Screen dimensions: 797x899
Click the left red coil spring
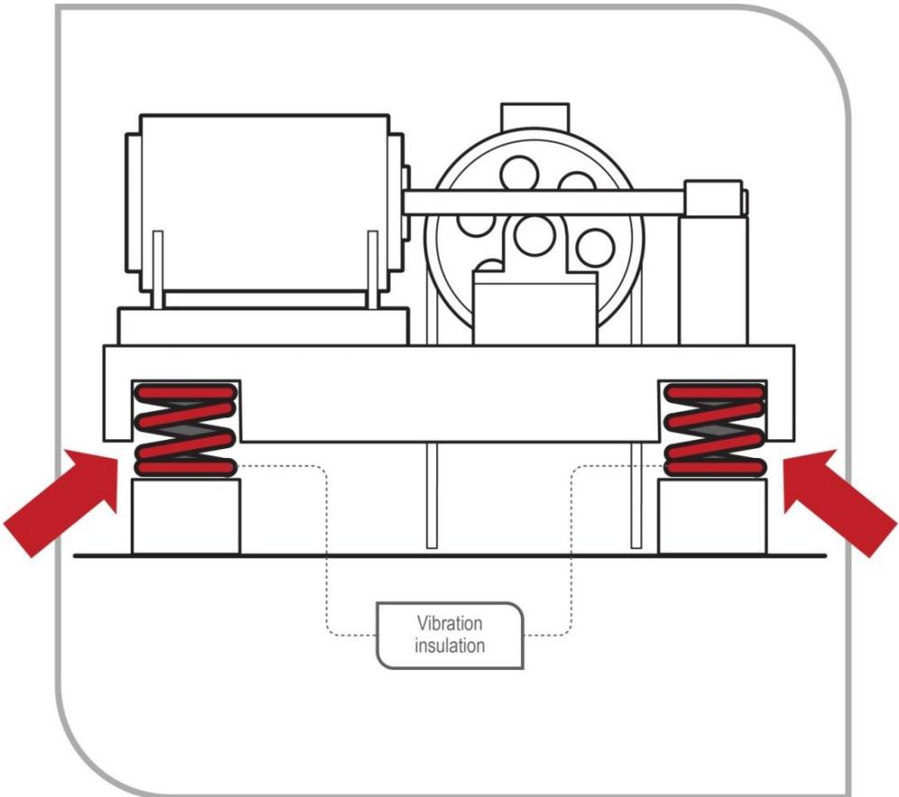[185, 429]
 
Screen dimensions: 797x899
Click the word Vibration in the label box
[448, 624]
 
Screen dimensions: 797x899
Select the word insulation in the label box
[448, 646]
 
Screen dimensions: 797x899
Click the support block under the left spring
[185, 517]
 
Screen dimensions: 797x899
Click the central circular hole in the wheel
[532, 236]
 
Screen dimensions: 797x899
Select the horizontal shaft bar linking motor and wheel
[541, 201]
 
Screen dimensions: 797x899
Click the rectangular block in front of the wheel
[534, 311]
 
